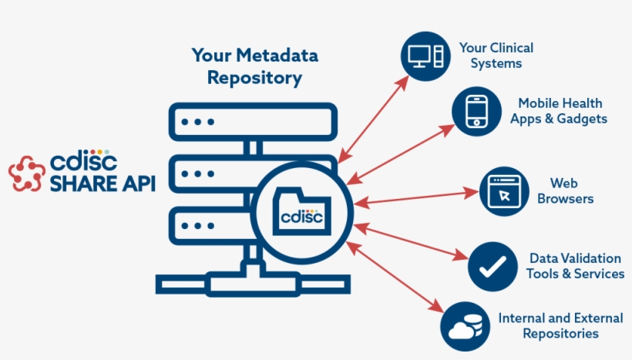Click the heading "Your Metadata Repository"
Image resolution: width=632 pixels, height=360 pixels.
coord(254,67)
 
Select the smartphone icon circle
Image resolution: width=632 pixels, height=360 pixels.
coord(477,111)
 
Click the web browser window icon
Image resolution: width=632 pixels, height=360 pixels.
coord(504,190)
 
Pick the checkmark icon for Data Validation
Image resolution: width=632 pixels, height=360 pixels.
coord(492,266)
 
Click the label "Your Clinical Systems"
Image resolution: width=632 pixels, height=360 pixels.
coord(496,56)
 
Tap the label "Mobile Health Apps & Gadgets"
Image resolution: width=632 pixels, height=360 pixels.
coord(559,111)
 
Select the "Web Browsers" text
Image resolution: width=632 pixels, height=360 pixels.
coord(565,190)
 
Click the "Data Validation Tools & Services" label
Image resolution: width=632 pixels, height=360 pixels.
coord(575,266)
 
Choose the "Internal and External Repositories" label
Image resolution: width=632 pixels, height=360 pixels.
coord(560,325)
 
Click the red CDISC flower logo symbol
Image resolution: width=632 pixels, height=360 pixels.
coord(27,173)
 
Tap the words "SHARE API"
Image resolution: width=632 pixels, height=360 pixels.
coord(102,184)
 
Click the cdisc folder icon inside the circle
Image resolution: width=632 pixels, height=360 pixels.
coord(302,209)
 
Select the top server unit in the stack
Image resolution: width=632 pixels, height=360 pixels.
coord(252,122)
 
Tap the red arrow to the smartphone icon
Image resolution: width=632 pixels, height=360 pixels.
coord(401,153)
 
